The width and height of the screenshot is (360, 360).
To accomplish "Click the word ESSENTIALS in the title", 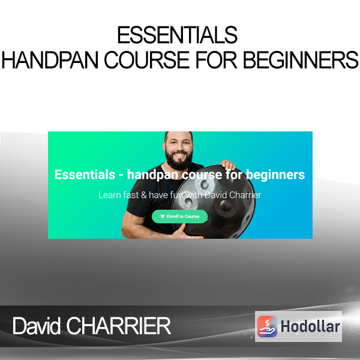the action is point(177,35).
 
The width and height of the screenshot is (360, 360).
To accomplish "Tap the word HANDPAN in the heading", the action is point(50,60).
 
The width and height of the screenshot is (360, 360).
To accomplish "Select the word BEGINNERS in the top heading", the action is point(301,60).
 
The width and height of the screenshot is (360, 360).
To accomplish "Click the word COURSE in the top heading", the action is point(147,60).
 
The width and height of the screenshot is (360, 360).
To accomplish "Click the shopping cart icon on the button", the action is point(163,216).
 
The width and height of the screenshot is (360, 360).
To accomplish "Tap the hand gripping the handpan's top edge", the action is point(228,164).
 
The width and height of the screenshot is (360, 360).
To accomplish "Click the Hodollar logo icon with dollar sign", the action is point(267,326).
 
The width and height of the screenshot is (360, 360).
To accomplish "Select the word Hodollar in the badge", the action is point(310,326).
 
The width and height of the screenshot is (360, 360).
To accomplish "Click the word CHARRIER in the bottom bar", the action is point(119,326).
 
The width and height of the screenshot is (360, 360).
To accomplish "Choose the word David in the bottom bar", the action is point(36,326).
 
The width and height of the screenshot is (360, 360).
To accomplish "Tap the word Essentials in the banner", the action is point(85,175).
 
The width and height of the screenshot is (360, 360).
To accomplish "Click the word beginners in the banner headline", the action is point(275,175).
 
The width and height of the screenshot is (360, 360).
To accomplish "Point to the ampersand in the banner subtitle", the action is point(144,195).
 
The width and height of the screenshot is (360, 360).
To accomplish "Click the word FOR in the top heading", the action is point(216,60).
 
